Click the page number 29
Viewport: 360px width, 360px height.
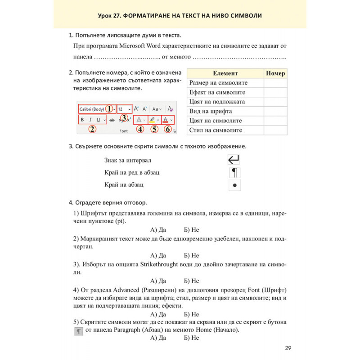(288, 347)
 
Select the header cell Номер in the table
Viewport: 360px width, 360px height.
(275, 73)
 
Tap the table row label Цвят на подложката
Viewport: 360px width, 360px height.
(217, 102)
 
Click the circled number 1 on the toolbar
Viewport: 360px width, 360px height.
(109, 108)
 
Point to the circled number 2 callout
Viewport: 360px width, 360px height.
(92, 130)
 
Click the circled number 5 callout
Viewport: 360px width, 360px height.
(155, 130)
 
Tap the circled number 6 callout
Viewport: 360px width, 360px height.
(168, 130)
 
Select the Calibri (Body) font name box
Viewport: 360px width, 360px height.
(91, 109)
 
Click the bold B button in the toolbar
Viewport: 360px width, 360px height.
(82, 120)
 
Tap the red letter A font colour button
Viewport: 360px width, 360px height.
(166, 120)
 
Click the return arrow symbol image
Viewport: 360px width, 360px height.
(234, 160)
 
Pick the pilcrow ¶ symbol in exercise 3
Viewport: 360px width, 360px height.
(234, 172)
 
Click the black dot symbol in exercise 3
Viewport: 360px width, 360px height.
(234, 185)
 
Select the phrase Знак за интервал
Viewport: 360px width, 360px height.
(128, 160)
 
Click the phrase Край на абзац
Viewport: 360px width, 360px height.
(124, 184)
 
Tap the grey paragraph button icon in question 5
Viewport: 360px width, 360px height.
(78, 331)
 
